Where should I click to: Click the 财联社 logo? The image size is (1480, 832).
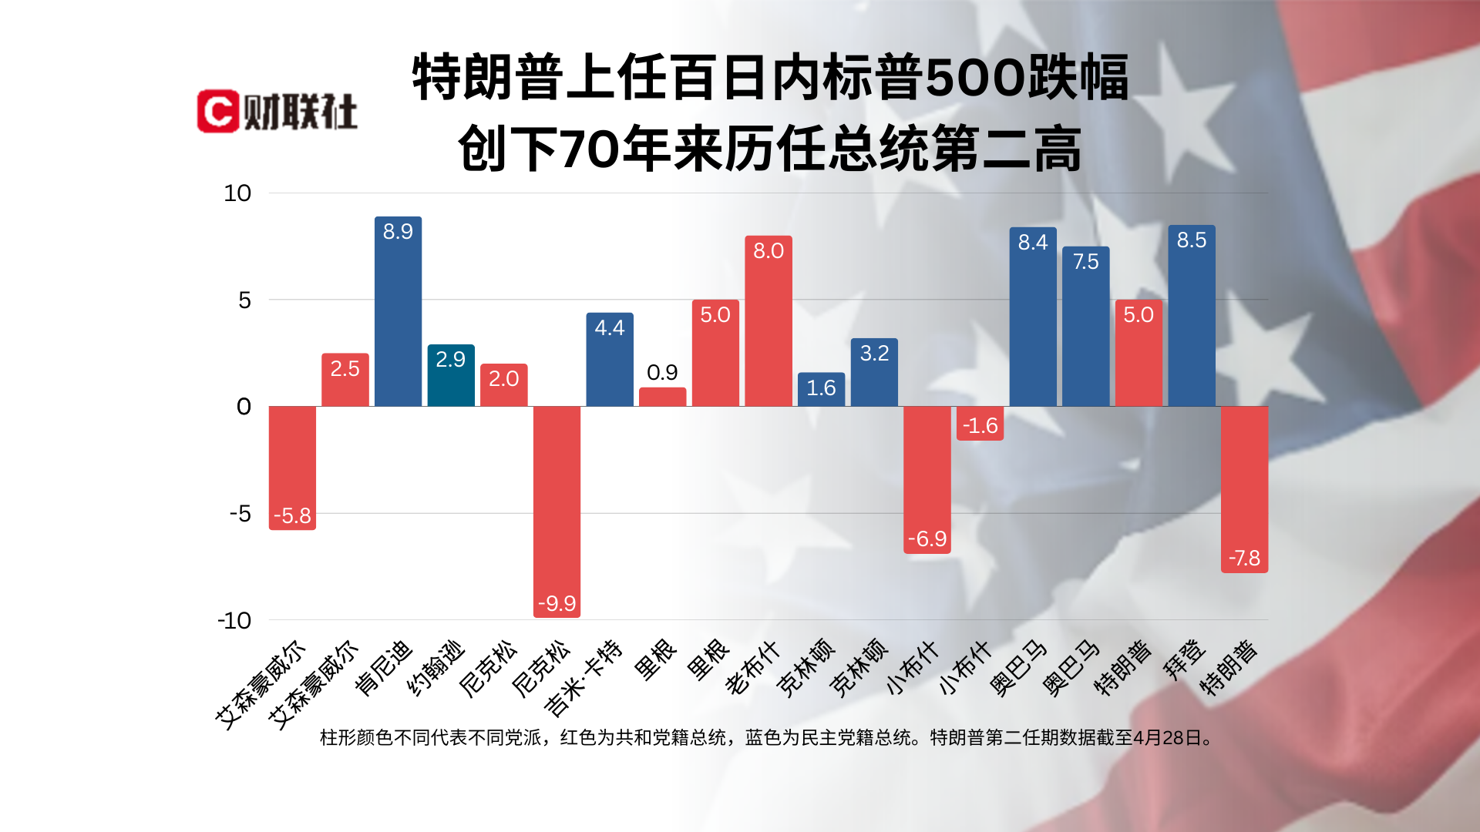pyautogui.click(x=277, y=112)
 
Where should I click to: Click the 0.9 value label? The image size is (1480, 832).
pyautogui.click(x=662, y=373)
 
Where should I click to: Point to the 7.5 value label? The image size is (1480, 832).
pyautogui.click(x=1085, y=262)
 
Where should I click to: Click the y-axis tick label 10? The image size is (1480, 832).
pyautogui.click(x=237, y=193)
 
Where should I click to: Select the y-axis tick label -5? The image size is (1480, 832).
pyautogui.click(x=240, y=513)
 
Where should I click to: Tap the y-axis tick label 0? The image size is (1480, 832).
pyautogui.click(x=244, y=407)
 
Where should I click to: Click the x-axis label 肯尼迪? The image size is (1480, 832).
pyautogui.click(x=384, y=668)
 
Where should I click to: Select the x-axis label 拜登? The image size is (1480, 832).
pyautogui.click(x=1184, y=659)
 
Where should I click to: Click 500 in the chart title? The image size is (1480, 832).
pyautogui.click(x=974, y=78)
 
